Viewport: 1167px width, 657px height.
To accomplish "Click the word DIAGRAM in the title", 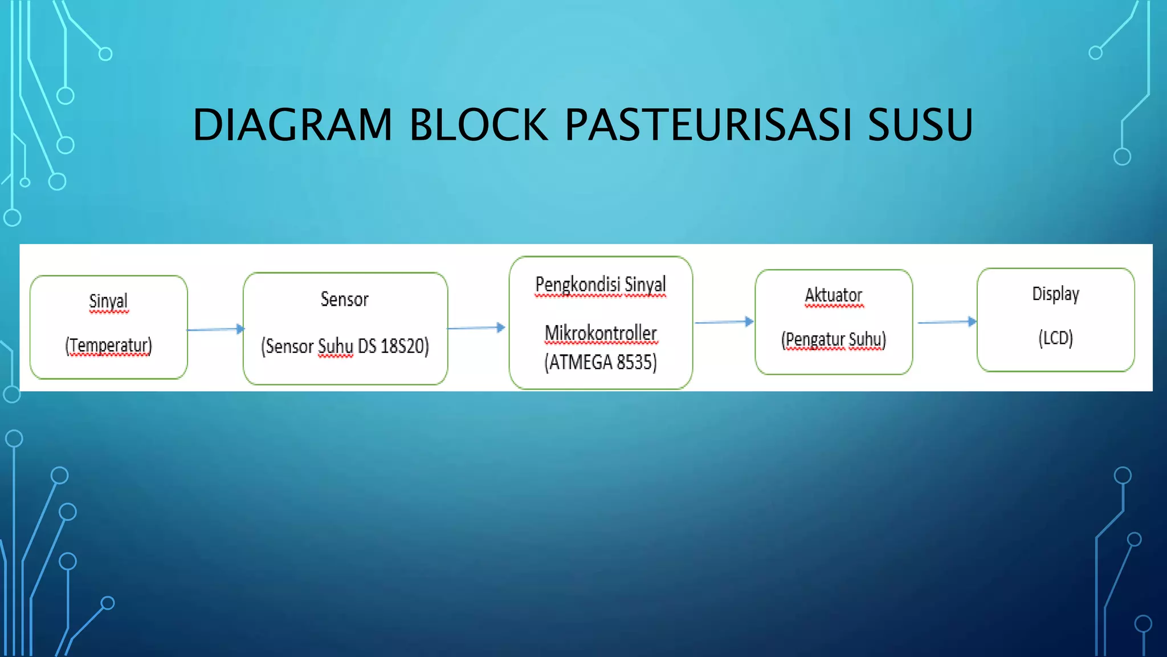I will click(x=292, y=125).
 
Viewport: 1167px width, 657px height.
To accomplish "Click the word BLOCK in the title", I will click(x=479, y=125).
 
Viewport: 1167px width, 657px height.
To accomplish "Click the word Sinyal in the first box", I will click(x=108, y=301).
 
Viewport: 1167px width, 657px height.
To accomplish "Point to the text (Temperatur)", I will click(x=108, y=346).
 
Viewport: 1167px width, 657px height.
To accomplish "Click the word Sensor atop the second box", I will click(x=344, y=299).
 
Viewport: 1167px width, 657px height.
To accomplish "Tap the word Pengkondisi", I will click(x=577, y=285).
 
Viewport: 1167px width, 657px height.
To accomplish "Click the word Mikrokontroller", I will click(x=601, y=333).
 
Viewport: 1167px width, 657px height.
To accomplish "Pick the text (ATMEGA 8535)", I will click(x=601, y=362).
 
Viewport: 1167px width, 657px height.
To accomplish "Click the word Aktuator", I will click(x=833, y=295).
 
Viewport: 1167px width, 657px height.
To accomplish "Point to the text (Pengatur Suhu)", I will click(x=833, y=339).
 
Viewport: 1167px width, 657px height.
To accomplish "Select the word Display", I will click(x=1055, y=294).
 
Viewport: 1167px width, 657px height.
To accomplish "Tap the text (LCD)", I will click(x=1055, y=338).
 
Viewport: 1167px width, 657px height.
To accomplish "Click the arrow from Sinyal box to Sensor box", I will click(x=215, y=329).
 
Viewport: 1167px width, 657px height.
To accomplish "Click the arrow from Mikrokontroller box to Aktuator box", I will click(x=724, y=322).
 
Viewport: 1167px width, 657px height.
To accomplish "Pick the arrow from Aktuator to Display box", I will click(x=946, y=322).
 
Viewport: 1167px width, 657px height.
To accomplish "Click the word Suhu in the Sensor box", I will click(x=335, y=346).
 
